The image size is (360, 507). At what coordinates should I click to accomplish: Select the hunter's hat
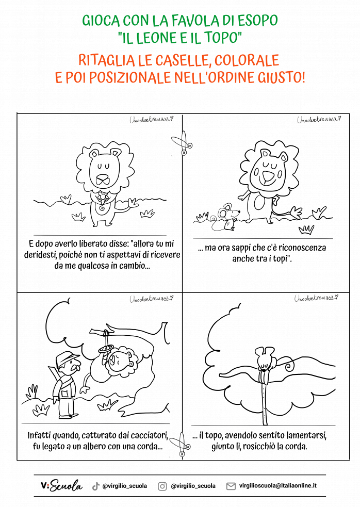coord(67,357)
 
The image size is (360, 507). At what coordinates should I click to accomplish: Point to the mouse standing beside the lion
coord(225,216)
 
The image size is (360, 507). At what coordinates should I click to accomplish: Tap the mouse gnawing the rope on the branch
coord(265,359)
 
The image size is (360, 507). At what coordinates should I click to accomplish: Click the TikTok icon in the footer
coord(95,486)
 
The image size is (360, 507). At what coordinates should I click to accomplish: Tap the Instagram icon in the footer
coord(162,486)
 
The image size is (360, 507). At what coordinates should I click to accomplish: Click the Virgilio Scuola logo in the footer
coord(61,486)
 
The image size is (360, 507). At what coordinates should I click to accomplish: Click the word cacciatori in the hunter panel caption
coord(136,436)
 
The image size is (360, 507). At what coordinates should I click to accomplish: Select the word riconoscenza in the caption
coord(301,248)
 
